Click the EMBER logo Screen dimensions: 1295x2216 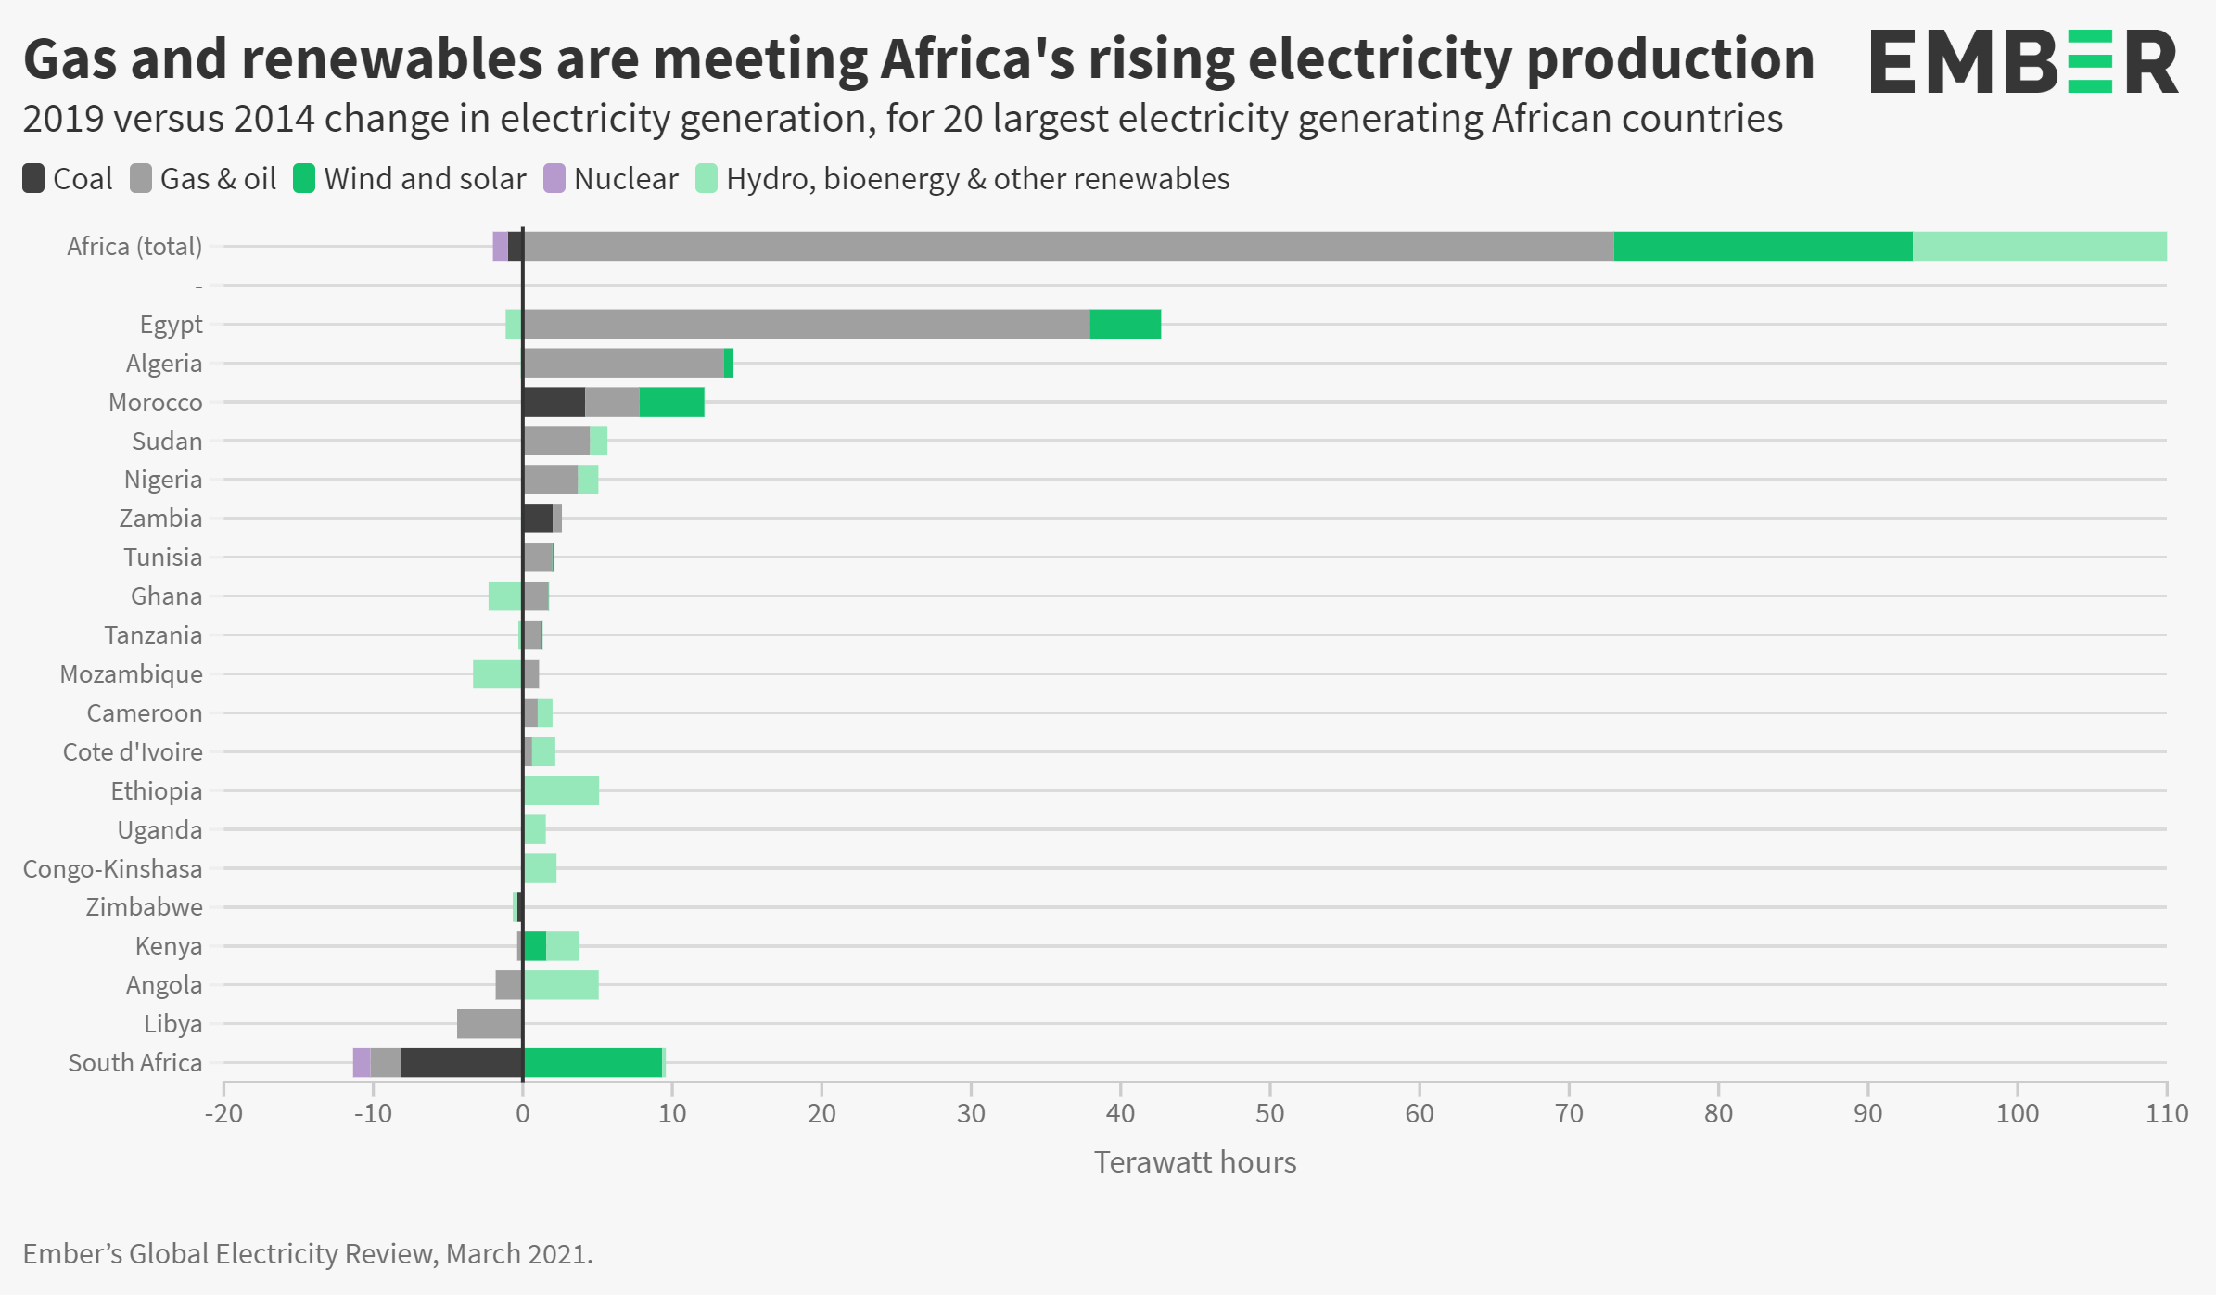2023,61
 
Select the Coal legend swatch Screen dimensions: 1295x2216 33,178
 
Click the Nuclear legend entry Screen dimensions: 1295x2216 611,178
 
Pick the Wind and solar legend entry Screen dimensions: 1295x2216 409,178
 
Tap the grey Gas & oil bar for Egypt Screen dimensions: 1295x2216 806,324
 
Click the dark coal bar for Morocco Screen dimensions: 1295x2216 554,402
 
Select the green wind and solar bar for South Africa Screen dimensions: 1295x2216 592,1062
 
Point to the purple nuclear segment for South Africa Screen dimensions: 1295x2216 362,1062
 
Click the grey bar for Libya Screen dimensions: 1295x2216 490,1023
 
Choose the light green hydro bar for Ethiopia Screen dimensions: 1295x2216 561,790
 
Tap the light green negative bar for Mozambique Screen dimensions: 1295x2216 497,673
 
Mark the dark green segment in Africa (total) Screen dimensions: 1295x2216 1763,246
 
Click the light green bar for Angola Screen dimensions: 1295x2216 561,984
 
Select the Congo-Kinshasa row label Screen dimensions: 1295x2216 112,868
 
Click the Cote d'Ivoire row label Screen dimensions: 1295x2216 133,751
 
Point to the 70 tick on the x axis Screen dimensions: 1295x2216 1569,1112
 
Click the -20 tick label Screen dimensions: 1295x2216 223,1112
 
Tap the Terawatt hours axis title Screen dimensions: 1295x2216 1194,1161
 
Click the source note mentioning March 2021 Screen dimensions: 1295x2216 308,1253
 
